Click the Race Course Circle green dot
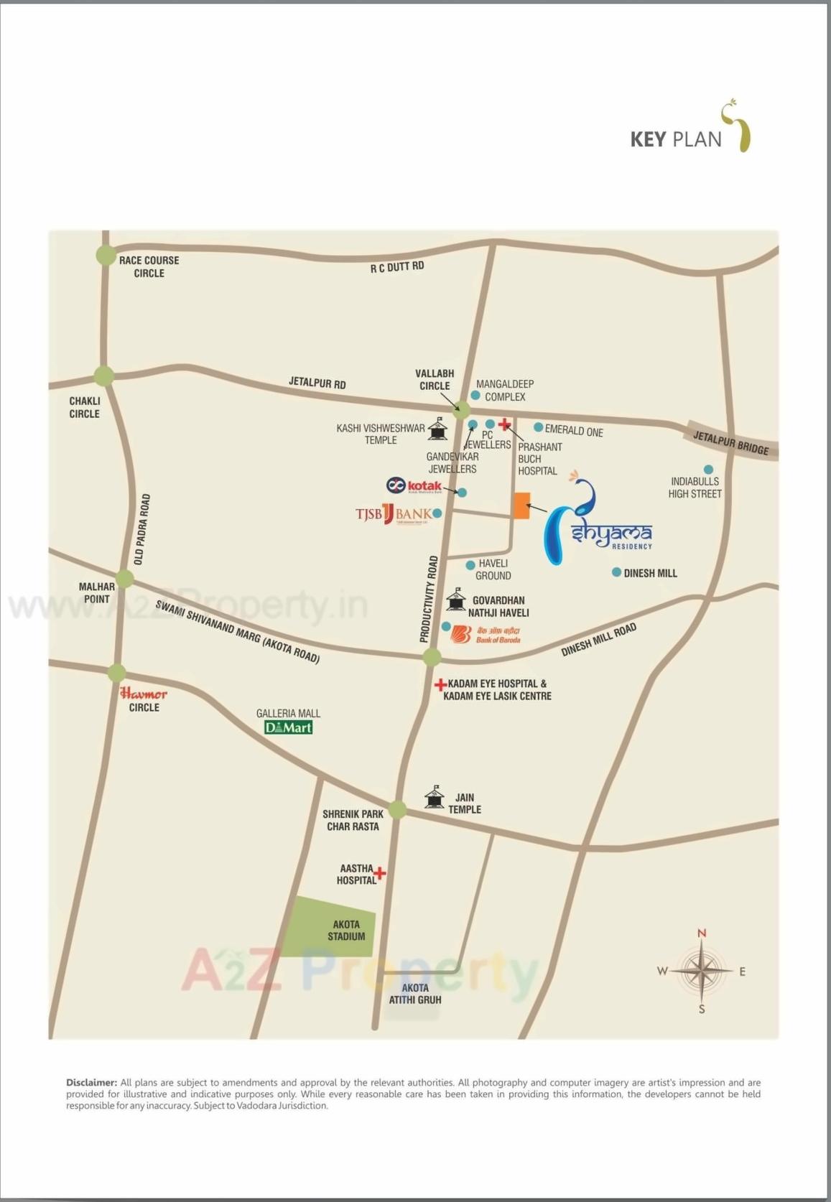[x=106, y=255]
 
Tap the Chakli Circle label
[x=85, y=407]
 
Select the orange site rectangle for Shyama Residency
[x=522, y=506]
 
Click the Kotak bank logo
[x=414, y=486]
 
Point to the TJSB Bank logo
[x=394, y=514]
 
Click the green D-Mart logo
[x=288, y=727]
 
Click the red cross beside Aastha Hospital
[x=380, y=873]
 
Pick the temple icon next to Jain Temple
[x=434, y=797]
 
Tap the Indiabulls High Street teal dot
[x=708, y=470]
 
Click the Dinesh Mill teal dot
[x=616, y=572]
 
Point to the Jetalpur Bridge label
[x=730, y=442]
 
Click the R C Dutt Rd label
[x=397, y=267]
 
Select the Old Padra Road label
[x=141, y=528]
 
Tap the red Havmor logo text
[x=144, y=694]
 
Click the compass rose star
[x=702, y=971]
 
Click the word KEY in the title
[x=648, y=139]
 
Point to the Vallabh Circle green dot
[x=461, y=411]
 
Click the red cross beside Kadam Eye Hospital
[x=440, y=684]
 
